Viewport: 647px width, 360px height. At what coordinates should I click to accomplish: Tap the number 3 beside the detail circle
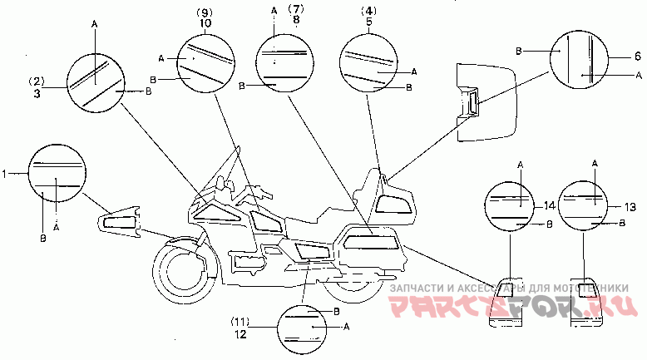pyautogui.click(x=37, y=95)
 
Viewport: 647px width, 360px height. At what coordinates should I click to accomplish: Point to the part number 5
pyautogui.click(x=368, y=24)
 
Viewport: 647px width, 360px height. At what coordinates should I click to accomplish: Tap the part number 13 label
pyautogui.click(x=630, y=205)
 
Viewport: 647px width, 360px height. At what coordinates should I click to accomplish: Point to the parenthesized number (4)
pyautogui.click(x=368, y=12)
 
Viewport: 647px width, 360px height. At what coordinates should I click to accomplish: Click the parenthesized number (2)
pyautogui.click(x=37, y=81)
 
